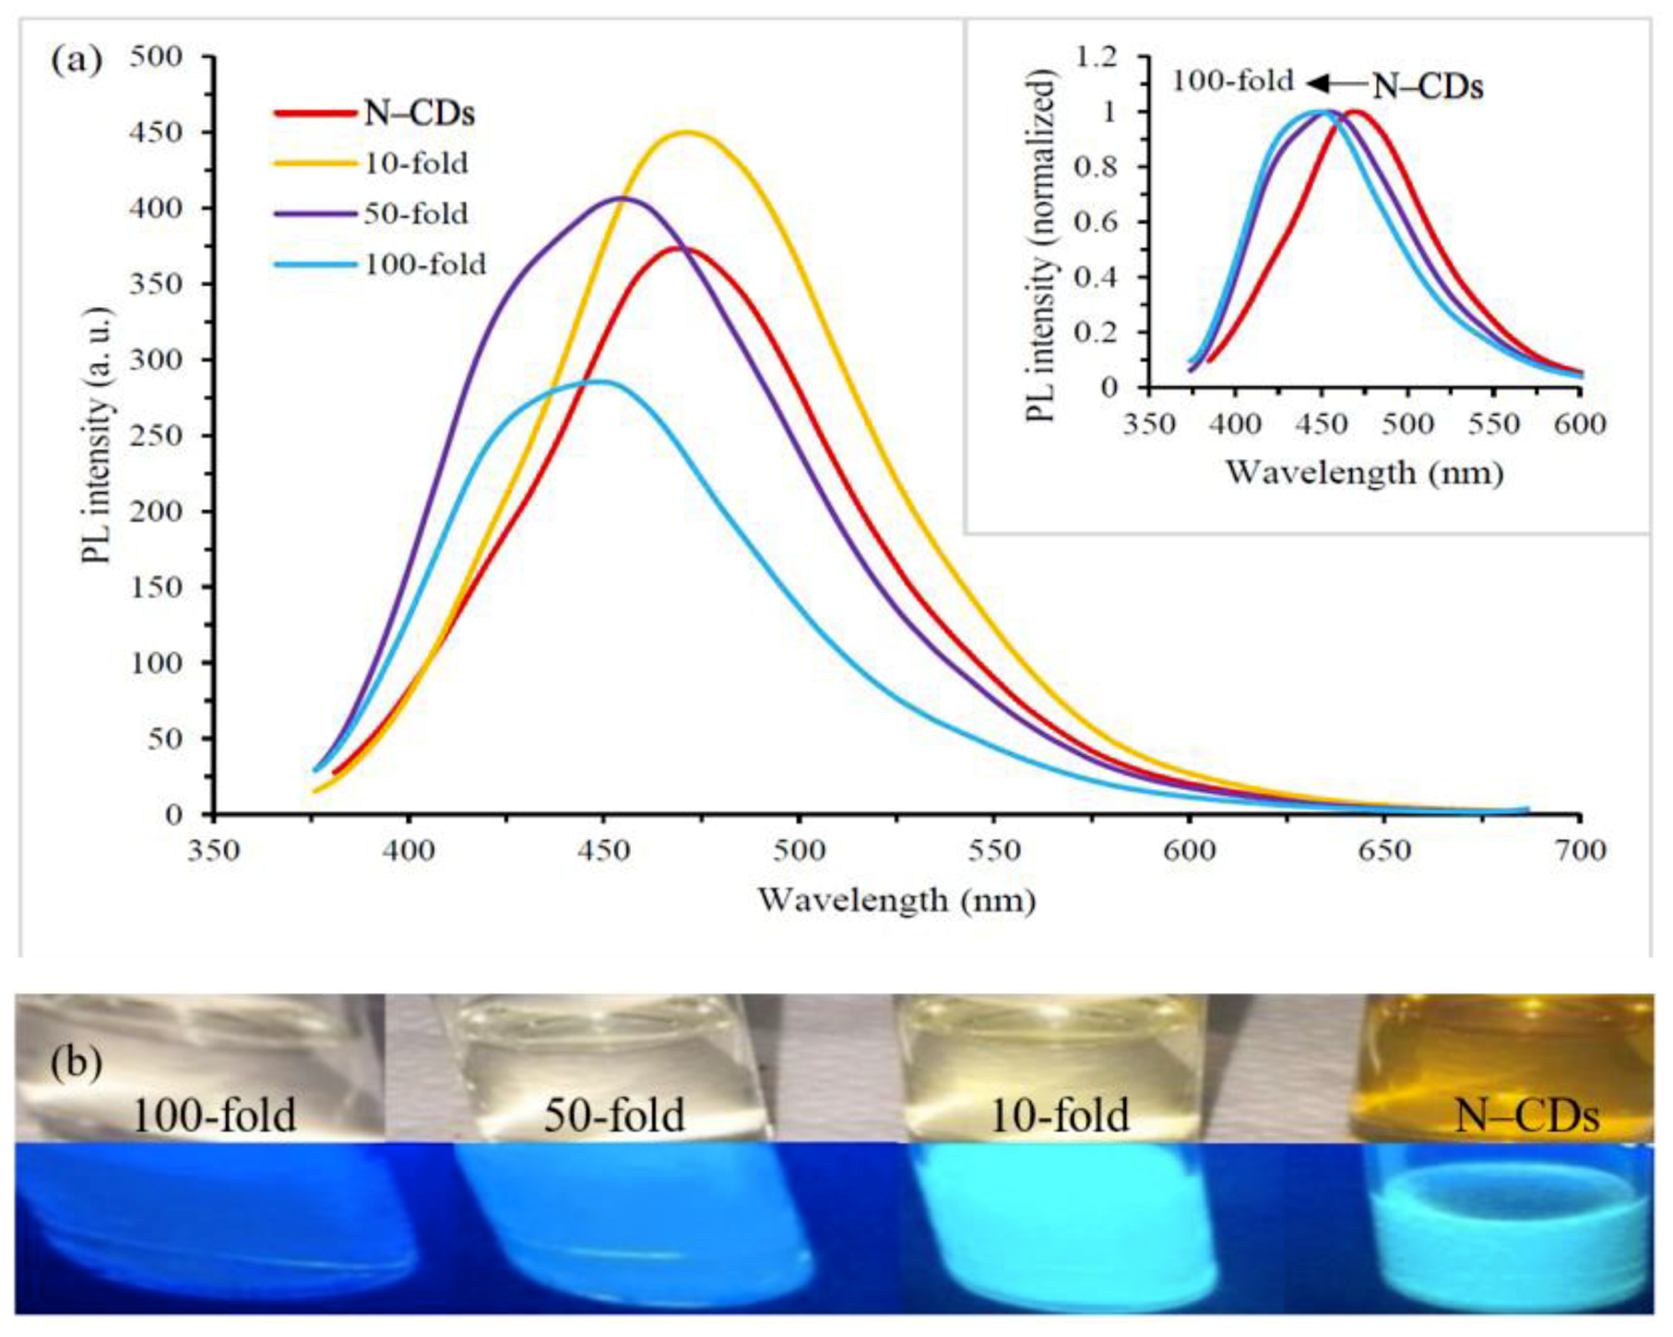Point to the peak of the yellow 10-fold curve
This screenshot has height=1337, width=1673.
tap(686, 132)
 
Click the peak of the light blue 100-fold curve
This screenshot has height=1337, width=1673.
tap(599, 381)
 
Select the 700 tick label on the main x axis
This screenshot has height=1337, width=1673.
tap(1580, 849)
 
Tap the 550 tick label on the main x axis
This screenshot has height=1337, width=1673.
tap(994, 849)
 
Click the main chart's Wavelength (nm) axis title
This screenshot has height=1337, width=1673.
tap(896, 899)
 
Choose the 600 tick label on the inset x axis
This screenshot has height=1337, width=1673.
tap(1580, 424)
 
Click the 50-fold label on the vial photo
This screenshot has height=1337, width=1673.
tap(613, 1116)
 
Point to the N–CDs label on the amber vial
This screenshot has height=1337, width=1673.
tap(1526, 1116)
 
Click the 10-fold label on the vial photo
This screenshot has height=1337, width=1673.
tap(1059, 1116)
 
